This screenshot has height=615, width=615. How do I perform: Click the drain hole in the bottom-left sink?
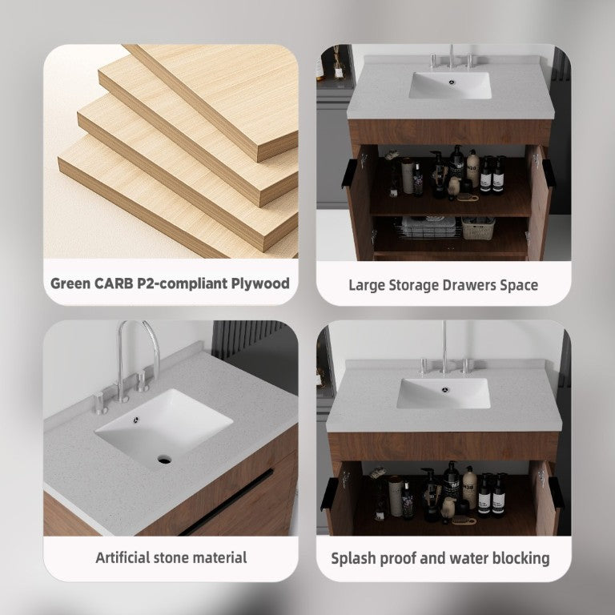click(x=164, y=459)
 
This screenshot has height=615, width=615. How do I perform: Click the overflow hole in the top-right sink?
click(x=452, y=82)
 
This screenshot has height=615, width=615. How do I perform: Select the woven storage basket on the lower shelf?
click(x=478, y=228)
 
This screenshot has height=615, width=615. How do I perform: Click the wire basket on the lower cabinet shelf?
click(x=430, y=227)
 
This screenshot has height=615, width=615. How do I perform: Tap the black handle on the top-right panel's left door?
click(x=348, y=173)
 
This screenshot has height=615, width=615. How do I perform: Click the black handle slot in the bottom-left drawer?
click(x=227, y=502)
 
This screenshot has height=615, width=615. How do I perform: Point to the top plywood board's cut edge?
click(x=277, y=147)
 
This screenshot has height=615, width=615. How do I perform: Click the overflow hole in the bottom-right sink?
click(x=444, y=389)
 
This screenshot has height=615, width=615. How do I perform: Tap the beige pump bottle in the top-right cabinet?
click(x=472, y=168)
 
